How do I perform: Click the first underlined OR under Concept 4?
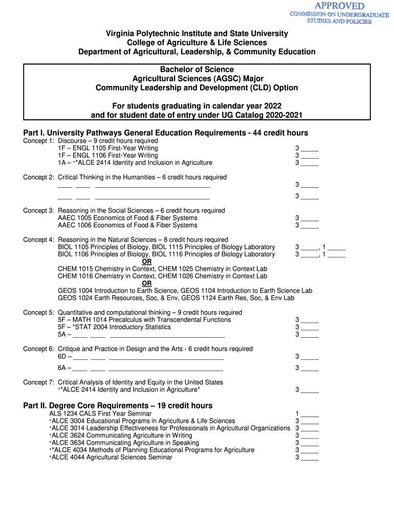click(x=146, y=261)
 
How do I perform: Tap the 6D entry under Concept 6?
click(x=62, y=357)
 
